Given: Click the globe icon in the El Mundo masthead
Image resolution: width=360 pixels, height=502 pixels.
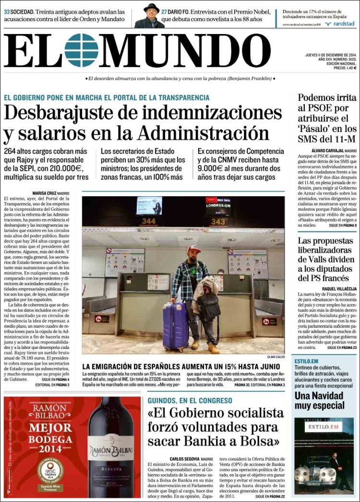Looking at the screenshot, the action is tap(81, 50).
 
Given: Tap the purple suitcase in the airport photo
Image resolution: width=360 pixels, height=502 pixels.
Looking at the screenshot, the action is tap(175, 327).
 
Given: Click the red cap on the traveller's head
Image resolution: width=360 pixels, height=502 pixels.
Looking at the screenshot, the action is tap(194, 249).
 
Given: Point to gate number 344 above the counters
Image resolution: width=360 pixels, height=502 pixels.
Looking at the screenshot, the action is tap(148, 221).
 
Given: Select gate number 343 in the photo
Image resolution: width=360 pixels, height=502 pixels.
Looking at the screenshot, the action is tap(218, 221).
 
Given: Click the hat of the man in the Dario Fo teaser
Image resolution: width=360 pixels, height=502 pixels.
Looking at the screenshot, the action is tap(151, 7).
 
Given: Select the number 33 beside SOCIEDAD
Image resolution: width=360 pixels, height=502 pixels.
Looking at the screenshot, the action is tap(7, 11).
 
